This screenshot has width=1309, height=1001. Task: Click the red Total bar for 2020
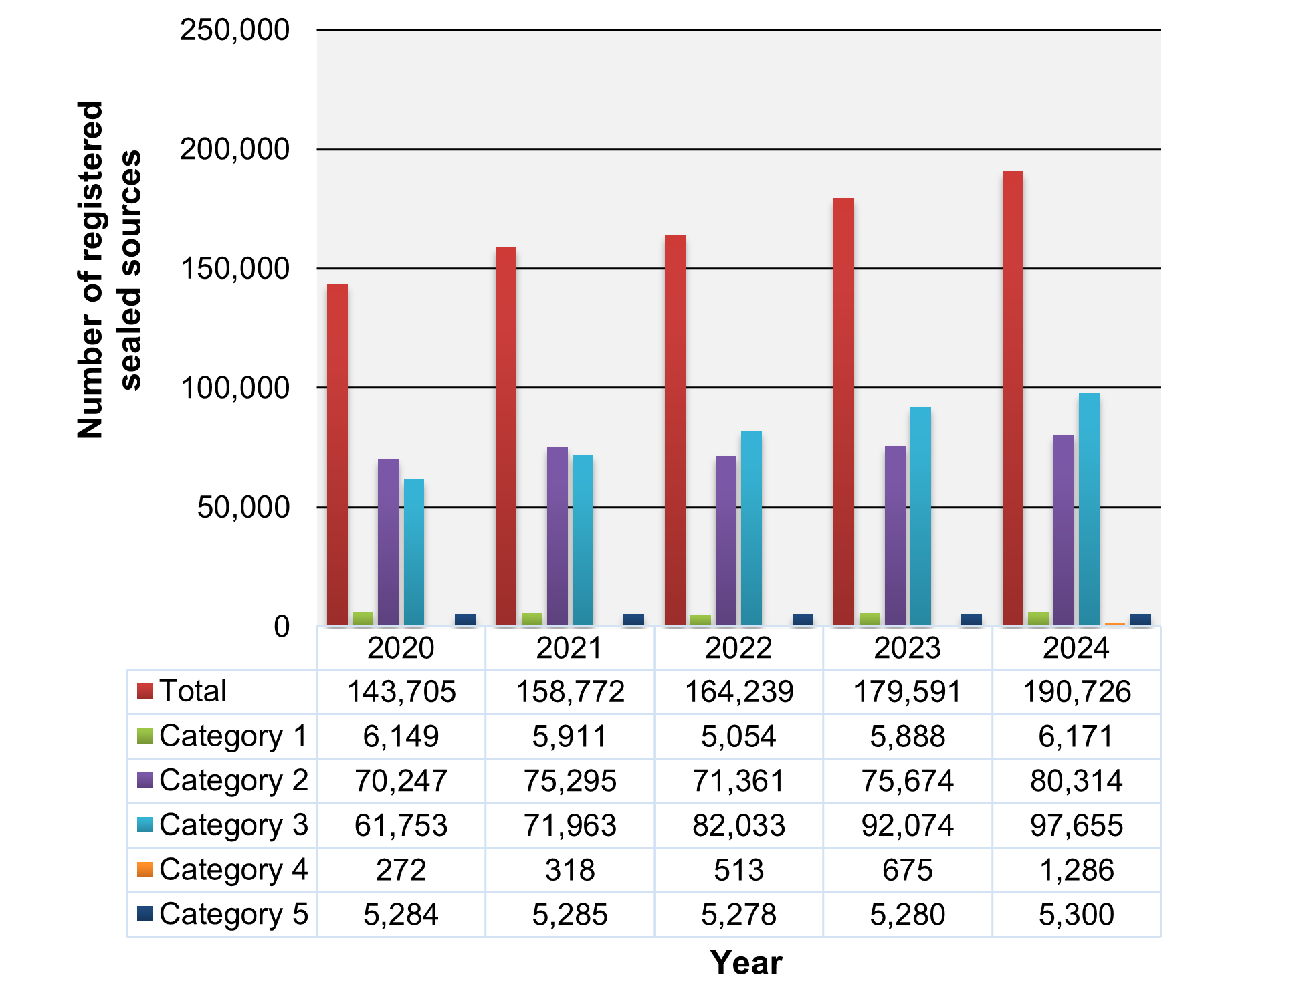(337, 455)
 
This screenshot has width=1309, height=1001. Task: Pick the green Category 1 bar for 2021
(532, 619)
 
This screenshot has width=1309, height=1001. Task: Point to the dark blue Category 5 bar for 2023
(971, 619)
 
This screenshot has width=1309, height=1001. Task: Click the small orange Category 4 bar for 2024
(1115, 624)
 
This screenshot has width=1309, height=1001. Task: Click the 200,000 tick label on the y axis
(234, 149)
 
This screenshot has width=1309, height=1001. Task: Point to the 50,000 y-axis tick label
(243, 508)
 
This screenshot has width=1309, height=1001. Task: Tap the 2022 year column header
(738, 648)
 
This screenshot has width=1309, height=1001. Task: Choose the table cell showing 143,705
(401, 691)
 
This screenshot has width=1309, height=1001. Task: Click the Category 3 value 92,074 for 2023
(908, 825)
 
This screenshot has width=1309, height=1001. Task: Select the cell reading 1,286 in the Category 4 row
(1076, 870)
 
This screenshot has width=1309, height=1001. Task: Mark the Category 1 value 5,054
(738, 736)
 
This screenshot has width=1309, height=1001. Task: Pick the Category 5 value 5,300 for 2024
(1076, 914)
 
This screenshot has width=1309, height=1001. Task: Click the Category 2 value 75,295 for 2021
(570, 780)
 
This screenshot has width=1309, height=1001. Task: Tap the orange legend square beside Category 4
(144, 869)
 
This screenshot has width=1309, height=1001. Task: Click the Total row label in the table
(193, 691)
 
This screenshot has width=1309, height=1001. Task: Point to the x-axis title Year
(746, 963)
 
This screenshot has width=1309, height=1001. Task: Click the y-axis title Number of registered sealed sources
(109, 270)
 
